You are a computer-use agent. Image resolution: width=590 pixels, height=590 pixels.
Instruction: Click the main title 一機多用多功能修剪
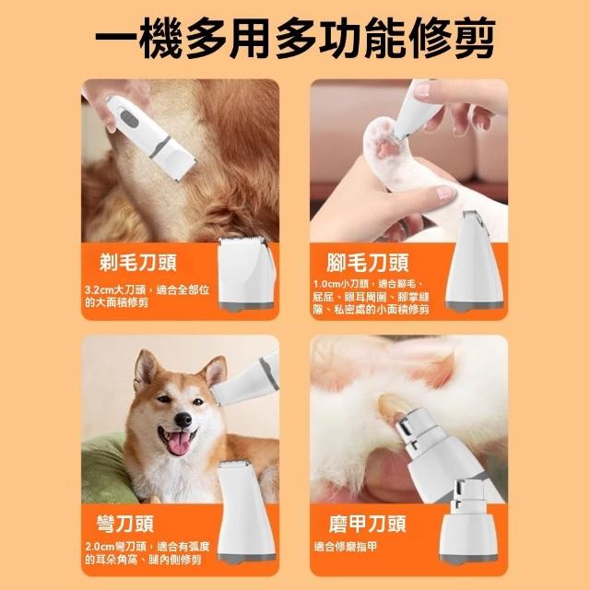tap(295, 38)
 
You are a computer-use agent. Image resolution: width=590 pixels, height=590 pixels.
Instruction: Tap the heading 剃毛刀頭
tap(138, 262)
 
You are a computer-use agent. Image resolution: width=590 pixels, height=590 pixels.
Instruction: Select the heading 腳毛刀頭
tap(367, 262)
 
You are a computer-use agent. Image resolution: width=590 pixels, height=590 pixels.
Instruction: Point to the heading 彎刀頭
tap(125, 524)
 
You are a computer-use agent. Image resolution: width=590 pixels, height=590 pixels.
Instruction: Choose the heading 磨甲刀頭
tap(367, 524)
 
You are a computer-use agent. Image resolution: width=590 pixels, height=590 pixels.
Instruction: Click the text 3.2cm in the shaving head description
tap(99, 290)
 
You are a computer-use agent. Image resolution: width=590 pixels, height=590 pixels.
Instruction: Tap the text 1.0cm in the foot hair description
tap(326, 284)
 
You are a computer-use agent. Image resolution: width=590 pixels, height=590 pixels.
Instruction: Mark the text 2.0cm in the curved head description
tap(100, 547)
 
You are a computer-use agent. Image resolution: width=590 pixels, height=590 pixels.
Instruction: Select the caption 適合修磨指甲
tap(346, 547)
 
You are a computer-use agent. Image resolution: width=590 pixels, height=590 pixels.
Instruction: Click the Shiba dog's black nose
tap(183, 419)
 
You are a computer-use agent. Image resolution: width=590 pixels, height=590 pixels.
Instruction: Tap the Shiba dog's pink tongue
tap(179, 443)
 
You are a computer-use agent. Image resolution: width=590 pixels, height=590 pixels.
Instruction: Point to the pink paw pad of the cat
tap(387, 148)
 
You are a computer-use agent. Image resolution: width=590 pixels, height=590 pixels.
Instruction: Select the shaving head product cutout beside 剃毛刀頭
tap(247, 273)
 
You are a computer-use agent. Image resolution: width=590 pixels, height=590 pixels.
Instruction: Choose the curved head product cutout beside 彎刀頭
tap(247, 512)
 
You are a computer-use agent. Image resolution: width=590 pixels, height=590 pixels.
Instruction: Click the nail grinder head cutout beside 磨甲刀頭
tap(469, 522)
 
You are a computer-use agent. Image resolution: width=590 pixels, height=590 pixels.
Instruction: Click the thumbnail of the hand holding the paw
tap(444, 193)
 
